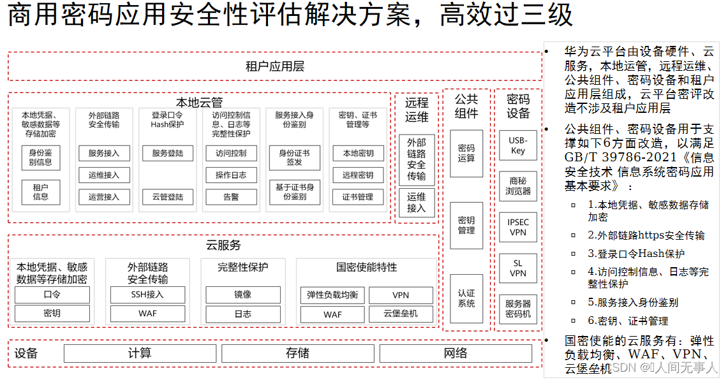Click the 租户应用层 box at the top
(274, 66)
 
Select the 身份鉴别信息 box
(41, 157)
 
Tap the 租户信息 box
(41, 192)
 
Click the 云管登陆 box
(168, 197)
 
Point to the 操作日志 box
(231, 175)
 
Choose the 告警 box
(231, 197)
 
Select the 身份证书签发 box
(294, 157)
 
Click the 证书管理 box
(357, 197)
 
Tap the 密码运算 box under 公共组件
(466, 153)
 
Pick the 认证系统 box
(466, 298)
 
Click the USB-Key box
(517, 145)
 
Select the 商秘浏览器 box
(517, 186)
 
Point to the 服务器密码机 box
(517, 309)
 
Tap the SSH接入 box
(147, 295)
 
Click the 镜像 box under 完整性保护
(242, 295)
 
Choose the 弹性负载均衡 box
(332, 295)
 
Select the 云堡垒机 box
(401, 314)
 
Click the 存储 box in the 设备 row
(297, 353)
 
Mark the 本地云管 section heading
(199, 102)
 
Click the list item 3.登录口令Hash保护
(635, 254)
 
